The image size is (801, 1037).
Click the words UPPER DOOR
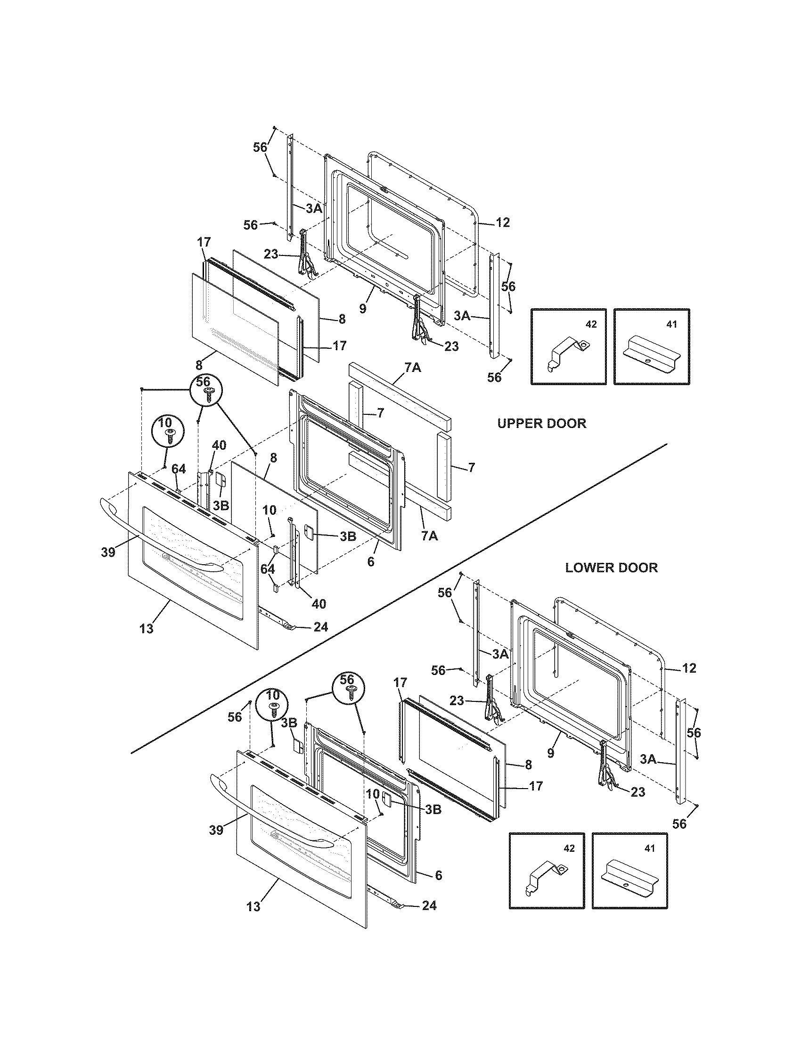pos(541,423)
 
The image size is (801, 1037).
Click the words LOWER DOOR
pos(611,568)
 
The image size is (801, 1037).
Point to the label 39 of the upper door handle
pos(108,553)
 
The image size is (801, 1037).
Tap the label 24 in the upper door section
pos(321,627)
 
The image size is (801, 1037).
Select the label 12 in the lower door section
pos(688,668)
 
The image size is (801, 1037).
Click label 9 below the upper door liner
pos(362,308)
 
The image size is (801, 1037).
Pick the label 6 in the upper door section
pos(371,562)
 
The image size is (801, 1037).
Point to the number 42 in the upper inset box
pos(591,324)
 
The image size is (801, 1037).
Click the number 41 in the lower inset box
pos(650,848)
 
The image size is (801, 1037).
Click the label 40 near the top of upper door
pos(219,445)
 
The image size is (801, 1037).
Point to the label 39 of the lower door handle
pos(216,830)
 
